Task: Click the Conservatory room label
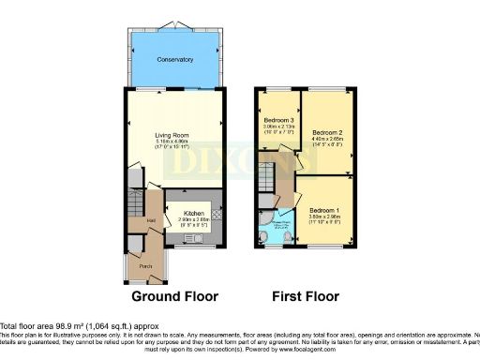[x=174, y=59]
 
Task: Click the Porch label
[x=146, y=265]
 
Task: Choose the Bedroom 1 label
[x=323, y=208]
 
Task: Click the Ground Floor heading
[x=174, y=296]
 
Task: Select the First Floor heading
[x=305, y=296]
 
